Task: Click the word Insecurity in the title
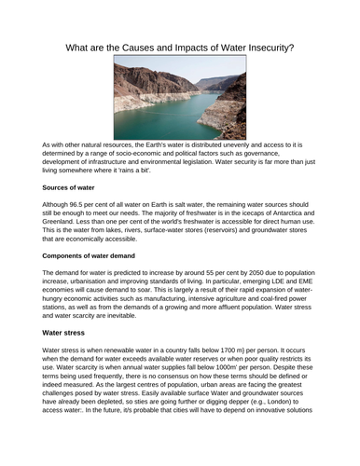260,48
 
